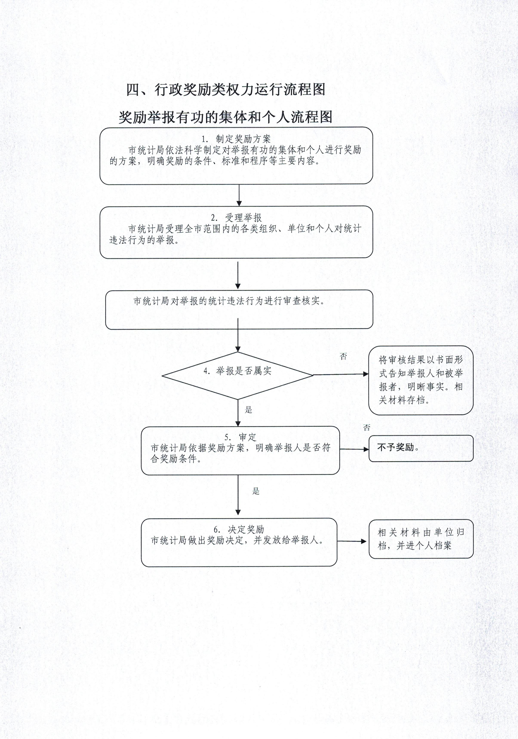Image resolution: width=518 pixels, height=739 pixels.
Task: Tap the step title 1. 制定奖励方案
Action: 236,139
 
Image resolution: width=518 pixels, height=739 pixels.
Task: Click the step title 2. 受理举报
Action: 237,218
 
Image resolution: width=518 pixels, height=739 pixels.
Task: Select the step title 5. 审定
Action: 240,437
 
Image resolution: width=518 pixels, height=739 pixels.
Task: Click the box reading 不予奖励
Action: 421,448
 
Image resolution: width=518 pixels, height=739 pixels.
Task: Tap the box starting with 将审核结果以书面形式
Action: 421,380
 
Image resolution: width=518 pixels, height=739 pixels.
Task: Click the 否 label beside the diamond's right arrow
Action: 343,356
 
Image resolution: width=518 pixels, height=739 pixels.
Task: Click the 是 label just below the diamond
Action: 248,410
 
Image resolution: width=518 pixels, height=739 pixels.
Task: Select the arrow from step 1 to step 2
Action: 239,195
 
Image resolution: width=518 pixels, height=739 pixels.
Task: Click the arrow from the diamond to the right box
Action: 341,374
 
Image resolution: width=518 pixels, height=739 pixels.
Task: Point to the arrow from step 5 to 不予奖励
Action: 354,449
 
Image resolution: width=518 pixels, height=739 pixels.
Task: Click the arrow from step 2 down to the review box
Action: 238,276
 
